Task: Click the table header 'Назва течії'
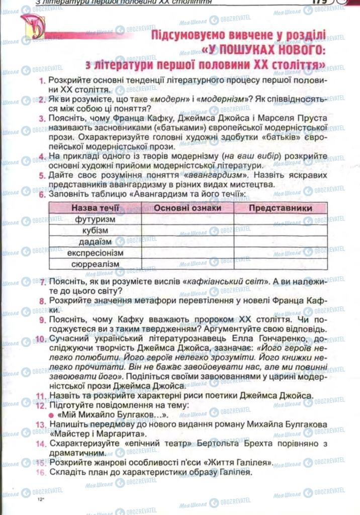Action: (x=95, y=208)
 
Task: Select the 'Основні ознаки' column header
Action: (x=187, y=208)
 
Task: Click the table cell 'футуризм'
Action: (x=95, y=219)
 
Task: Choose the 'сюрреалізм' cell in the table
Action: (x=95, y=264)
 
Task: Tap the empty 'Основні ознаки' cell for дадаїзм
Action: (x=187, y=241)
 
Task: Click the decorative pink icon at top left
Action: (x=32, y=27)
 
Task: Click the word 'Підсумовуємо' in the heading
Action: (x=189, y=37)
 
